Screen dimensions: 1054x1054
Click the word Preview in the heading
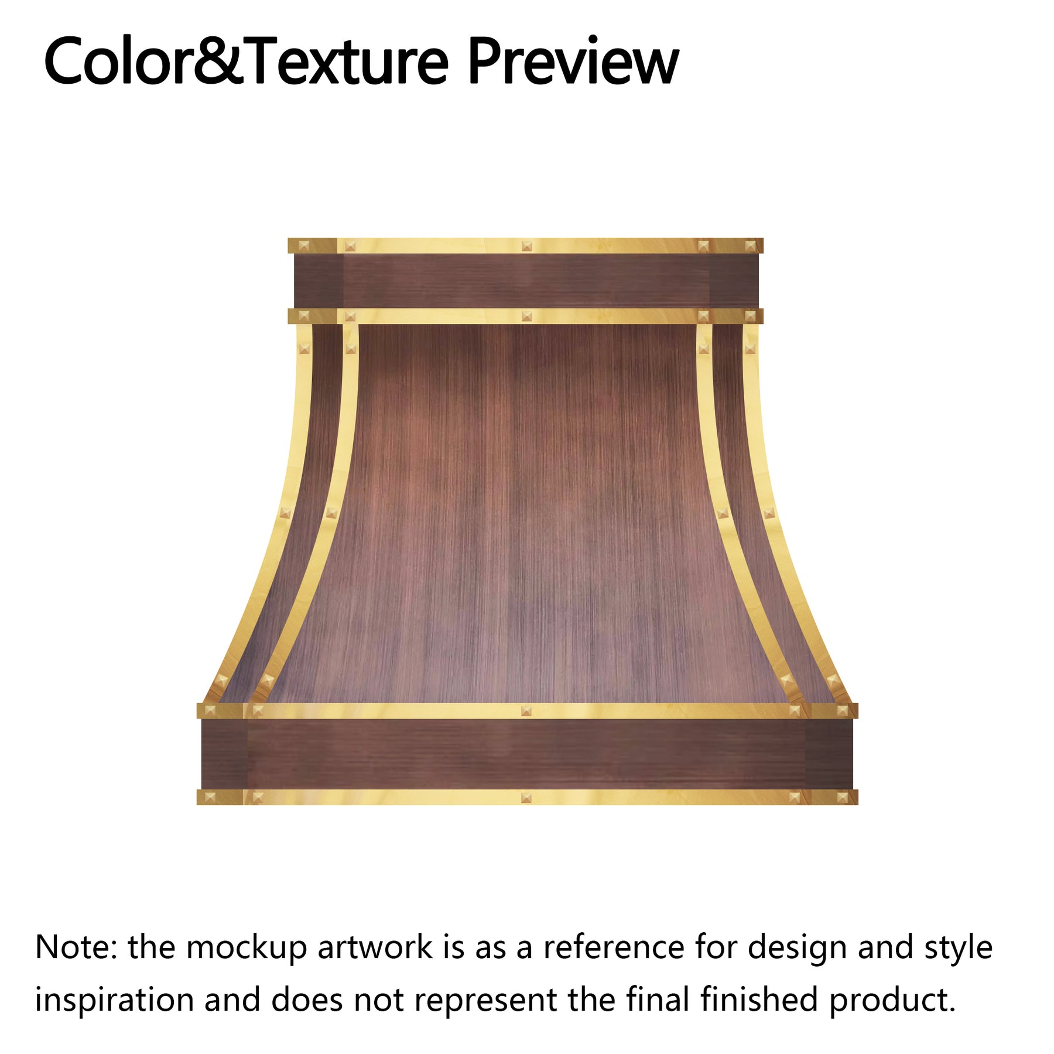click(x=573, y=61)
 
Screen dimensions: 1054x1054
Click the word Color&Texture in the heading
click(x=246, y=61)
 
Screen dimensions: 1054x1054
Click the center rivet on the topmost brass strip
click(x=526, y=246)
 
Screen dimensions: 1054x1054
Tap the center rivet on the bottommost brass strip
click(x=526, y=798)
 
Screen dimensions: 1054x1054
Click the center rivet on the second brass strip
click(x=526, y=316)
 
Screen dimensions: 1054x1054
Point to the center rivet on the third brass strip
click(x=526, y=711)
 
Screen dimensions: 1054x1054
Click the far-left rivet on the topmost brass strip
click(x=303, y=246)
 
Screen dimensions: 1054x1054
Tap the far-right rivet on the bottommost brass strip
click(x=843, y=798)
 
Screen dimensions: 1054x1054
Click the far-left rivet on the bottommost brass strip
click(x=210, y=798)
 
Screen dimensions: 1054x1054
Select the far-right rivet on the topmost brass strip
click(x=750, y=246)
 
